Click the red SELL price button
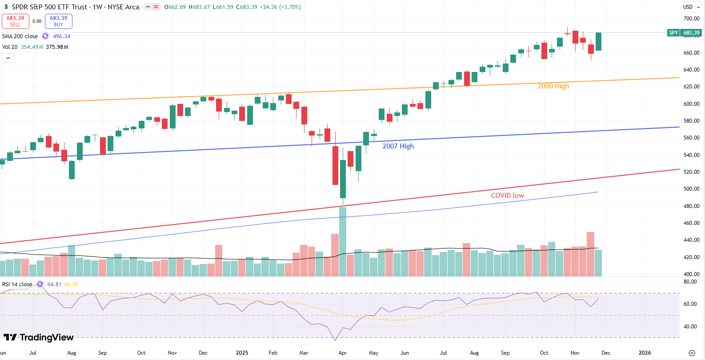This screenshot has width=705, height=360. tap(16, 21)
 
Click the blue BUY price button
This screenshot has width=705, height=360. tap(58, 21)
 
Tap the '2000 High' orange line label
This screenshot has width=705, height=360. tap(553, 86)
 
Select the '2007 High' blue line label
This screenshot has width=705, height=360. tap(398, 146)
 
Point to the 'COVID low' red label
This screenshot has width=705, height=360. tap(507, 196)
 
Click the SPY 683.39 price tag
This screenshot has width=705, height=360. tap(685, 33)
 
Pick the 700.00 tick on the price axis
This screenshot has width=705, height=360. tap(691, 19)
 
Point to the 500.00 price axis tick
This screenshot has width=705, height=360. tap(691, 189)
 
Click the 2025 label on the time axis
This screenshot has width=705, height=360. tap(242, 353)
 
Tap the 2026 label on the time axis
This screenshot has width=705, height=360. tap(645, 353)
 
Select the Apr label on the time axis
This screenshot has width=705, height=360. tap(342, 353)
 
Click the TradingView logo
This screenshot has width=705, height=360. tap(39, 338)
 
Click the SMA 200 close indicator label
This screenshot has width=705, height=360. tap(20, 36)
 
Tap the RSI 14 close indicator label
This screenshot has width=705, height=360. tap(17, 284)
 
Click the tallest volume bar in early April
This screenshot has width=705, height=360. tap(343, 242)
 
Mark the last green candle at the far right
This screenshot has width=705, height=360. tap(599, 41)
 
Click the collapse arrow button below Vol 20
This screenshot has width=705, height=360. tap(8, 58)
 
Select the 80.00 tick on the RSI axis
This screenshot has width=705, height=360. tap(690, 282)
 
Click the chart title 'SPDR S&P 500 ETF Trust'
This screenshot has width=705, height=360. tap(49, 7)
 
